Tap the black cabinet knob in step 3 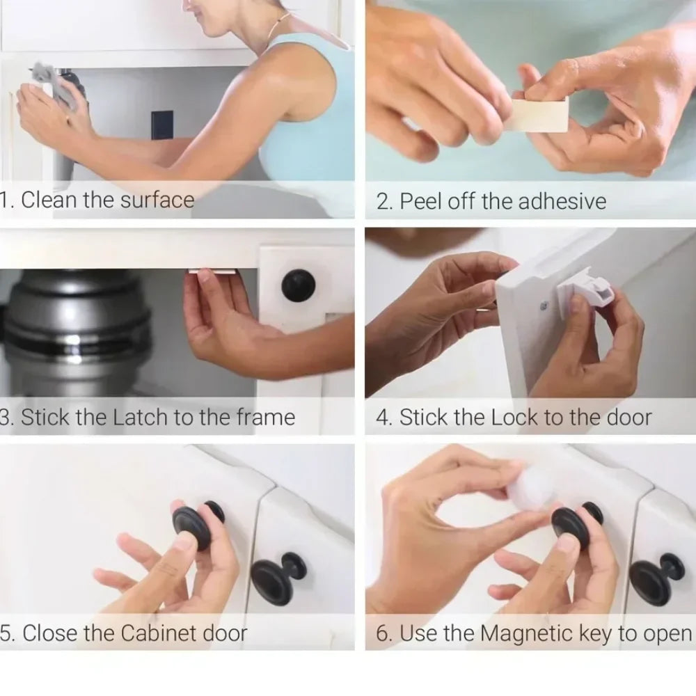pyautogui.click(x=299, y=285)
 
